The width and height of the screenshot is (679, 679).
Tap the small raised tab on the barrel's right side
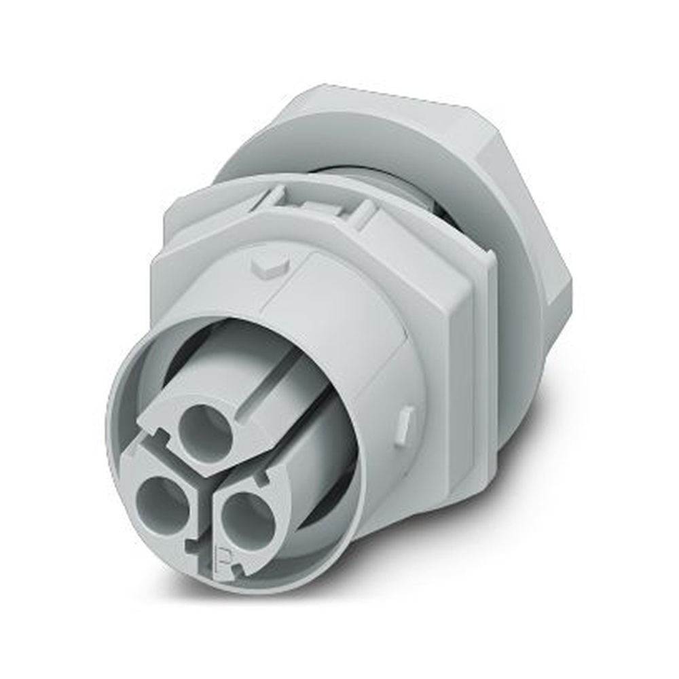pyautogui.click(x=405, y=422)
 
